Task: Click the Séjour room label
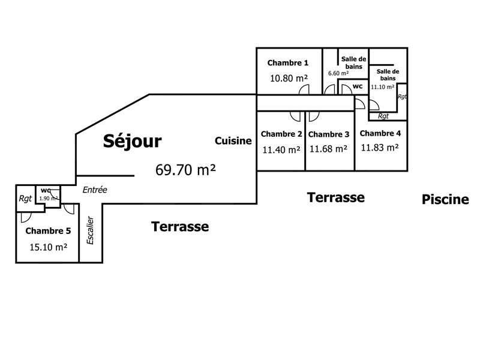133,141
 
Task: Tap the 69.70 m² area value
185,170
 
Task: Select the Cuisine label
233,141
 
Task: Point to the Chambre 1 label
288,63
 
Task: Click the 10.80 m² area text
289,78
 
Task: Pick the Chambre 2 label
281,134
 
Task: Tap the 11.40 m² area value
281,150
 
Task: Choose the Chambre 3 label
329,134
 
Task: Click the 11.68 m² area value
328,149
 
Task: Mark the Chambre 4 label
380,133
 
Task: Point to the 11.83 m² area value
380,147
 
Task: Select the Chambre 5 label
48,230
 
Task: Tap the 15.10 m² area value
48,247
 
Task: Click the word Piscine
445,200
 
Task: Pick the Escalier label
91,230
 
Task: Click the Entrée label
95,190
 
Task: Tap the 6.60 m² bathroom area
337,73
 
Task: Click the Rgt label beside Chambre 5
25,199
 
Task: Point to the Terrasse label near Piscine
336,197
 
